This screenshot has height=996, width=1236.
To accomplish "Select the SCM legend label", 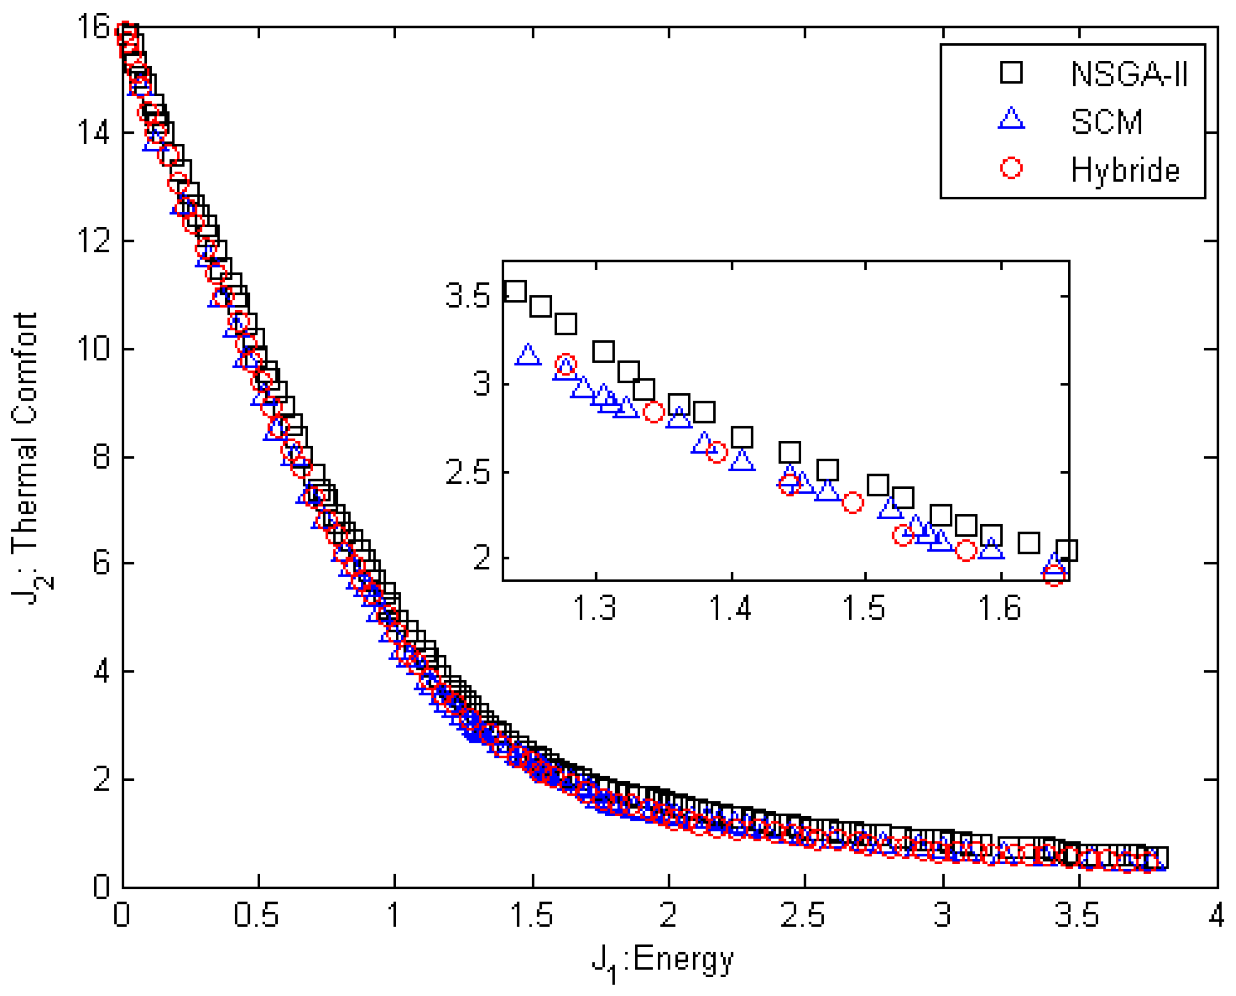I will tap(1106, 122).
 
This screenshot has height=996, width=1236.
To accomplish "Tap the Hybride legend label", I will tap(1124, 170).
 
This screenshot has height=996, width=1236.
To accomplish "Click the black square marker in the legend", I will tap(1011, 73).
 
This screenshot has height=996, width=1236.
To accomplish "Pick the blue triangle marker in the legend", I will tap(1011, 119).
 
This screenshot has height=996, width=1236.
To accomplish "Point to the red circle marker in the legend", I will tap(1011, 167).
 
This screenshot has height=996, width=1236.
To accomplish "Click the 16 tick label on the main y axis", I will tap(93, 26).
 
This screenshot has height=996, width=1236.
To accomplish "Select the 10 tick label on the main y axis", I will tap(93, 348).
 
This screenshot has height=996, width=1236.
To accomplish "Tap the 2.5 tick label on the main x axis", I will tap(803, 915).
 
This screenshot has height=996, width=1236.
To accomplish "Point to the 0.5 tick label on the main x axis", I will tap(257, 915).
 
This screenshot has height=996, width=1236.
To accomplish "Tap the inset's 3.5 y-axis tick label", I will tap(468, 297).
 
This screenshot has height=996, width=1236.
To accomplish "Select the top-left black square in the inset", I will tap(515, 291).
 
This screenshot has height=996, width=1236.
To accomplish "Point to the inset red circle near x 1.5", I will tap(852, 503).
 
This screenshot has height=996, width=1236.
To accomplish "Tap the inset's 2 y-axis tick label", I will tap(482, 557).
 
